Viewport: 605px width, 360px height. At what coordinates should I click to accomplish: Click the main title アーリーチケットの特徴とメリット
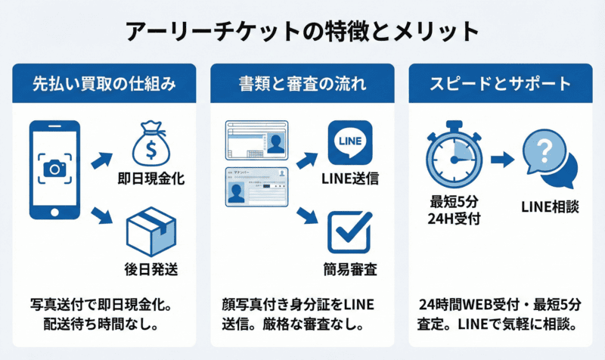[x=302, y=31]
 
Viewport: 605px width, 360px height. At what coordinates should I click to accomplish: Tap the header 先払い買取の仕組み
[x=104, y=83]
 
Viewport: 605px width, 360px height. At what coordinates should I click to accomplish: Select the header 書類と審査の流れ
[x=302, y=83]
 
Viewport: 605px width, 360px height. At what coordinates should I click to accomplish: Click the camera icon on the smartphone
[x=54, y=168]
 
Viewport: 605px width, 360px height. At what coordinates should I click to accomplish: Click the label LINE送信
[x=349, y=180]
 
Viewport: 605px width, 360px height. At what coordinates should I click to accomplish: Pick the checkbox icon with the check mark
[x=349, y=232]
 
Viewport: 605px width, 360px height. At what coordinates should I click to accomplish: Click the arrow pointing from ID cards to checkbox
[x=306, y=215]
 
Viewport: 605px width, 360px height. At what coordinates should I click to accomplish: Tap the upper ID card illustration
[x=258, y=139]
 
